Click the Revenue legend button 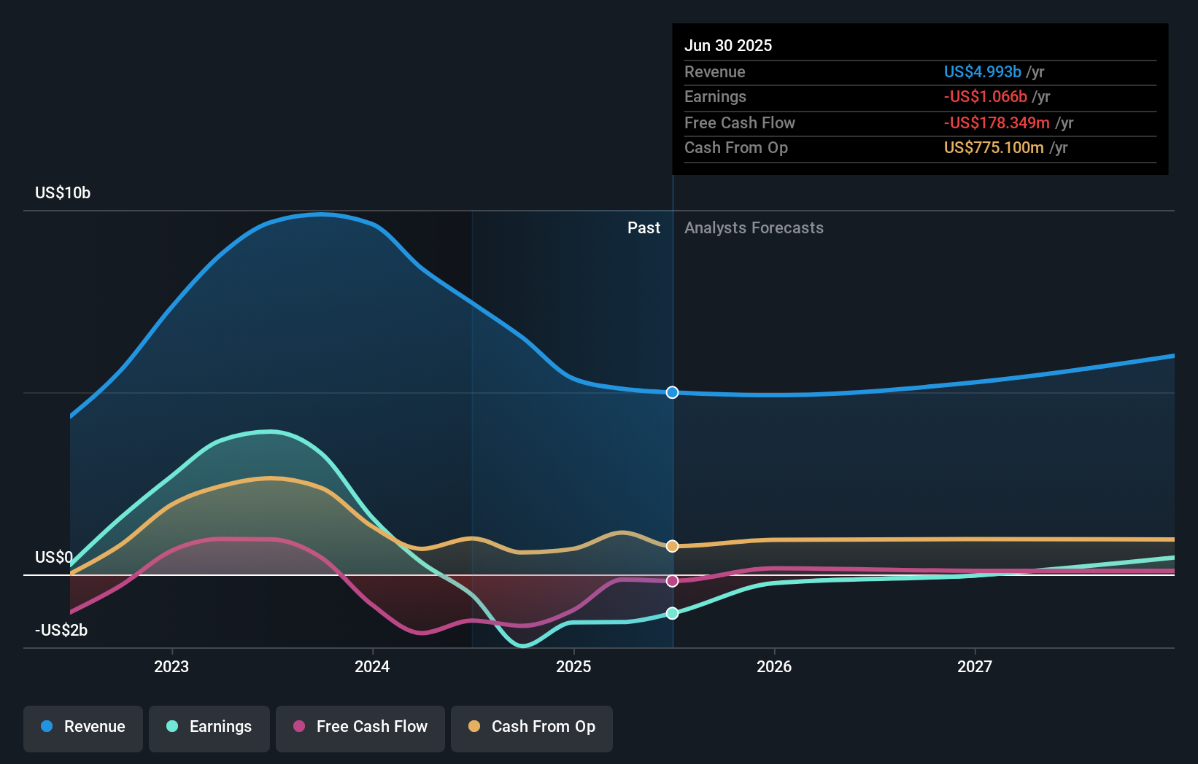tap(83, 729)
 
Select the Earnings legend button tap(209, 729)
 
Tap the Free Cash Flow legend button tap(360, 729)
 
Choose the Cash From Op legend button tap(532, 729)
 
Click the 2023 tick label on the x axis tap(171, 666)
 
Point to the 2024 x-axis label tap(372, 666)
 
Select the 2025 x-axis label tap(573, 666)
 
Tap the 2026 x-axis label tap(774, 666)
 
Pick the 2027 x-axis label tap(975, 666)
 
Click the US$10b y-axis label tap(63, 193)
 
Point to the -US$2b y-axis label tap(61, 631)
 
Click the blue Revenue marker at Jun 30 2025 tap(672, 393)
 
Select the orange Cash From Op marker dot tap(672, 546)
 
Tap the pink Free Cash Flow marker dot tap(672, 581)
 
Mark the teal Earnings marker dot tap(672, 613)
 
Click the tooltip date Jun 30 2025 tap(728, 45)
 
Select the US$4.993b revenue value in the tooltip tap(983, 71)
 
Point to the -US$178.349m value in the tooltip tap(997, 123)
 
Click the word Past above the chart tap(644, 228)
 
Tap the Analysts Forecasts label tap(754, 228)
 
